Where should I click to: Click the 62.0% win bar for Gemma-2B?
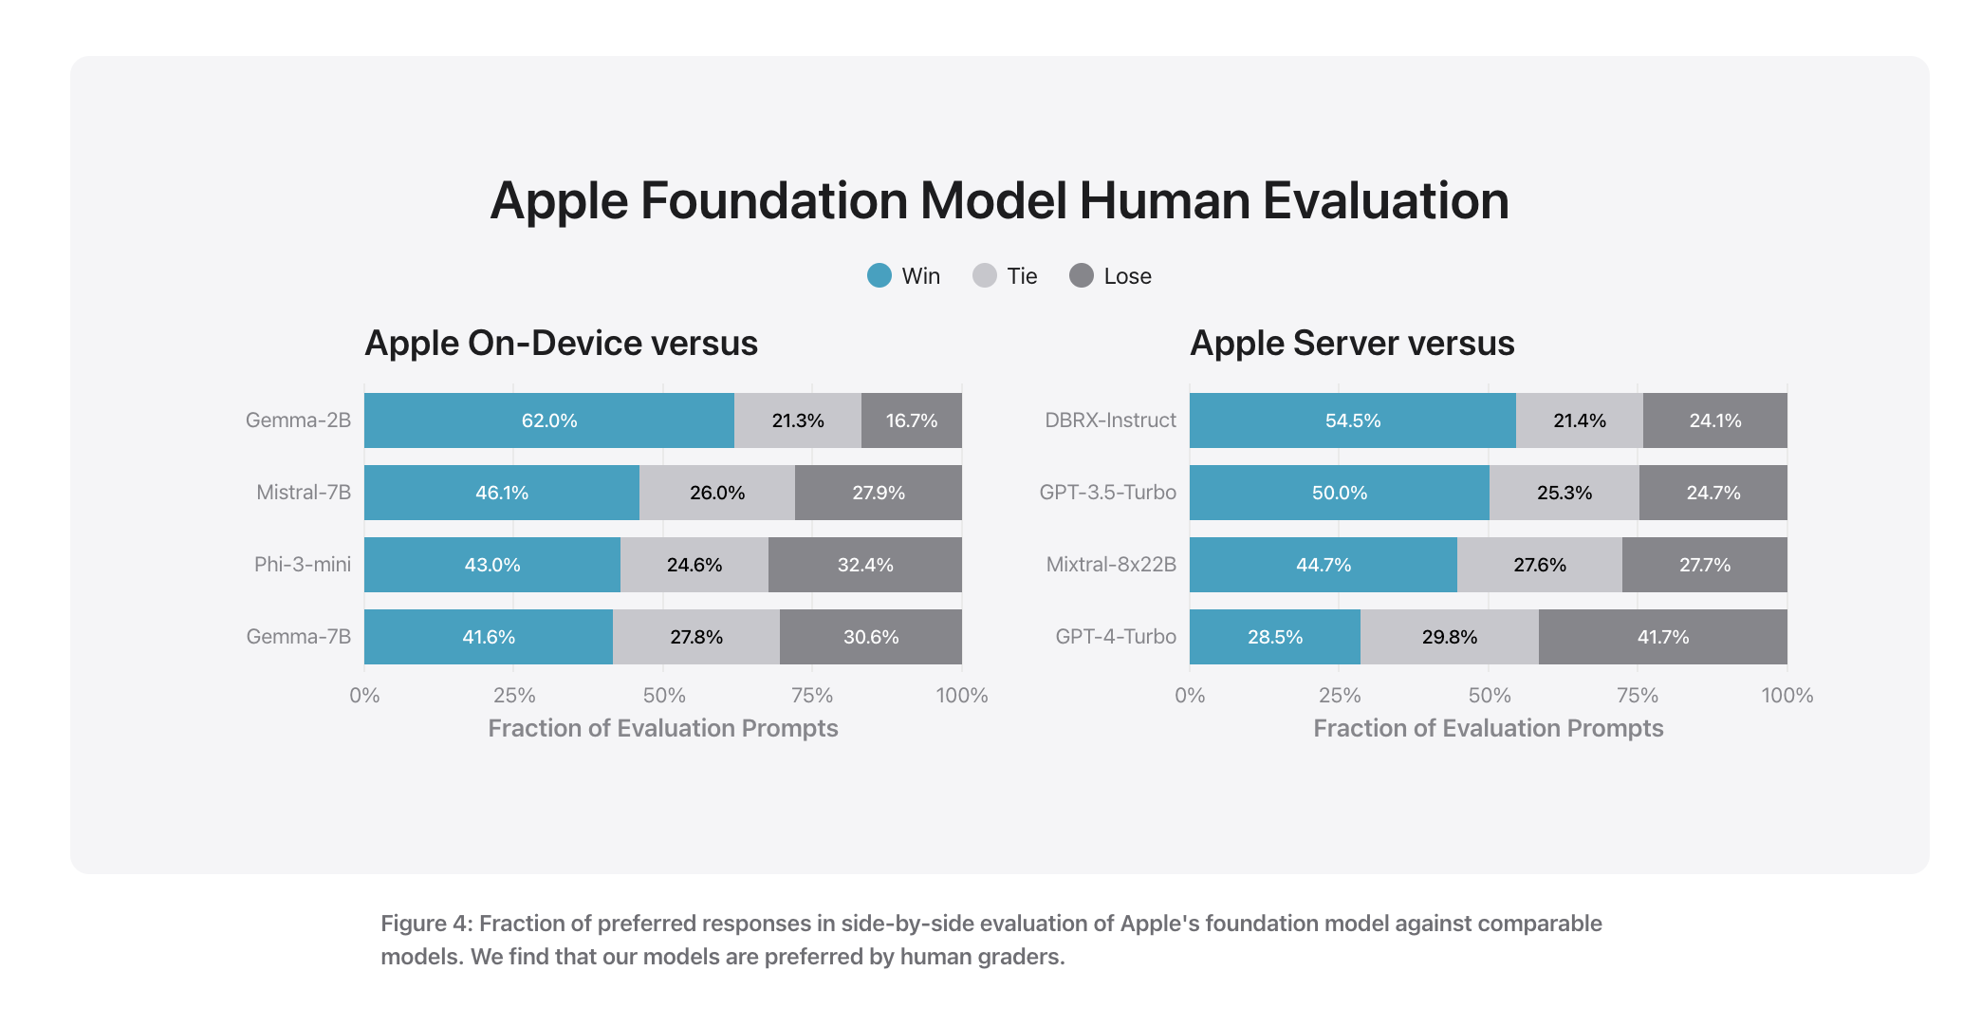548,420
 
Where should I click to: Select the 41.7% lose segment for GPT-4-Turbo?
1662,637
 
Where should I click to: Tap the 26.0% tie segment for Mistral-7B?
716,493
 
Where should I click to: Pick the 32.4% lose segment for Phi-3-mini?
864,565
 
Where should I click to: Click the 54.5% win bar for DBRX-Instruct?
1352,420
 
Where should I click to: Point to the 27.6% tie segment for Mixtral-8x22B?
1539,565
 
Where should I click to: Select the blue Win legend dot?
879,276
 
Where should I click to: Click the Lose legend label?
1127,276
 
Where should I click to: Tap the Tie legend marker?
985,276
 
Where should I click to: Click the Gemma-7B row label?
298,637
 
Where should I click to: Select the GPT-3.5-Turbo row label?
1107,493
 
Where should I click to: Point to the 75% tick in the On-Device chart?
812,695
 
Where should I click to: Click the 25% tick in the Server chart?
1339,695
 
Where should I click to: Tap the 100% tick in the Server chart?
1787,695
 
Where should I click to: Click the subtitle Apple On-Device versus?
561,343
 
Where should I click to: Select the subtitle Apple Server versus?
1352,343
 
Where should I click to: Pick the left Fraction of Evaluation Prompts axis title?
662,728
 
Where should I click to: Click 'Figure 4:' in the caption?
426,924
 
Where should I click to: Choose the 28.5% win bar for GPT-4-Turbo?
1274,637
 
